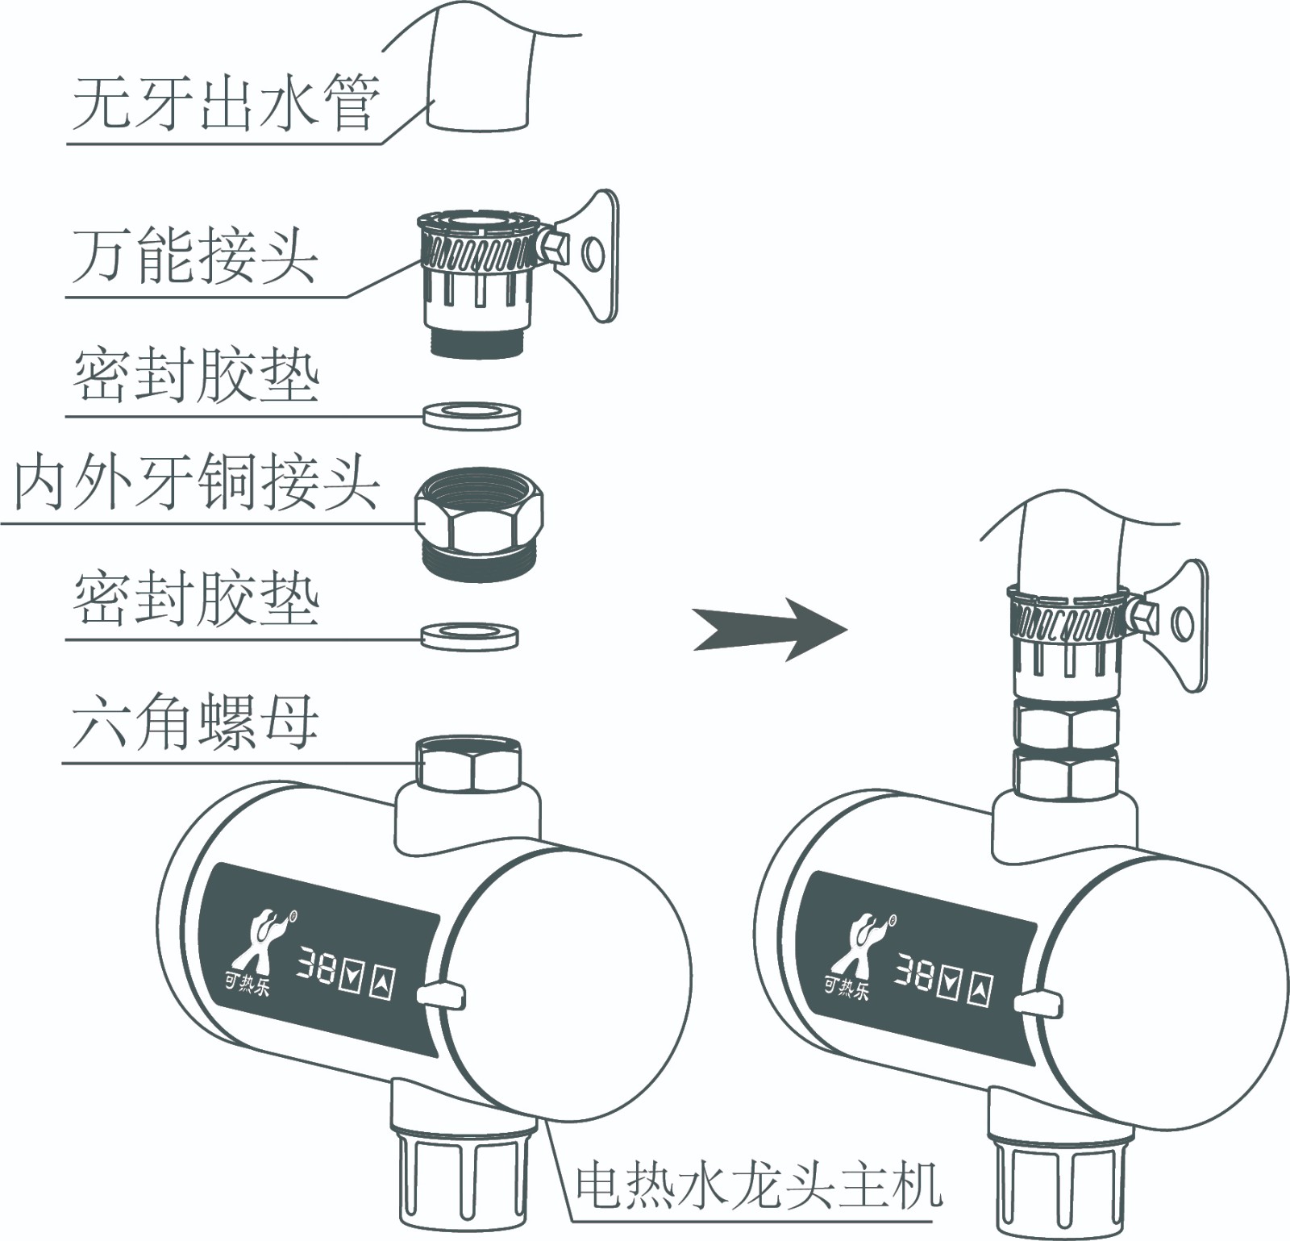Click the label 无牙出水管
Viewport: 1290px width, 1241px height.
pyautogui.click(x=226, y=105)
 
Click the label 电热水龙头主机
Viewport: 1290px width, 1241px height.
pyautogui.click(x=758, y=1185)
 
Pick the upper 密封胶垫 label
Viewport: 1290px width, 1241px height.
pyautogui.click(x=197, y=377)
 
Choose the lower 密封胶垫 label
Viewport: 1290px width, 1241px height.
pyautogui.click(x=197, y=601)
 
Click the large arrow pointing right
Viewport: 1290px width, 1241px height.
pyautogui.click(x=770, y=629)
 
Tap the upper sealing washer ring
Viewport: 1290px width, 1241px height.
pyautogui.click(x=472, y=417)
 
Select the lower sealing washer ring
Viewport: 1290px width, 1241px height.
pyautogui.click(x=469, y=636)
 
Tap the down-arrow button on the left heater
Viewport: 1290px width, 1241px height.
pyautogui.click(x=351, y=976)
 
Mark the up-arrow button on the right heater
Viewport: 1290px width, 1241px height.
pyautogui.click(x=980, y=992)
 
